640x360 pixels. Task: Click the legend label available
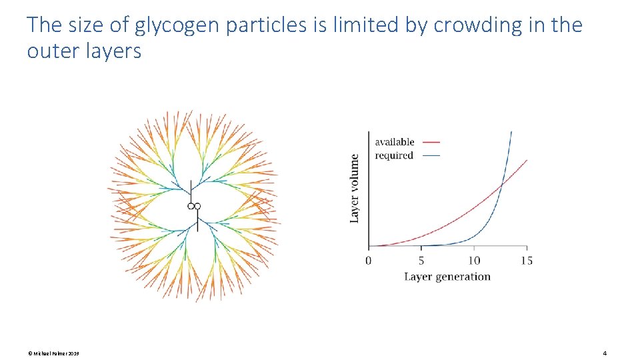pyautogui.click(x=394, y=141)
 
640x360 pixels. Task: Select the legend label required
pyautogui.click(x=394, y=155)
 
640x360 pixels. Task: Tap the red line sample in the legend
pyautogui.click(x=431, y=142)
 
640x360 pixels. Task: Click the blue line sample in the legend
pyautogui.click(x=431, y=156)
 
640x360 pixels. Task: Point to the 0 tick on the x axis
pyautogui.click(x=369, y=260)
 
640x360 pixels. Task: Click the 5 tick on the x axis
pyautogui.click(x=421, y=260)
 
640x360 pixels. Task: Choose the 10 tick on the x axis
pyautogui.click(x=473, y=260)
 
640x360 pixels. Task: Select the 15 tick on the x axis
pyautogui.click(x=526, y=260)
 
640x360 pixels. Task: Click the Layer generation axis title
pyautogui.click(x=447, y=277)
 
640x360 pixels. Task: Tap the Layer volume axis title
pyautogui.click(x=355, y=189)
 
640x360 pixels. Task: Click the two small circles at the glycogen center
pyautogui.click(x=194, y=207)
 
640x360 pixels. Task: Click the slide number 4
pyautogui.click(x=604, y=353)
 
